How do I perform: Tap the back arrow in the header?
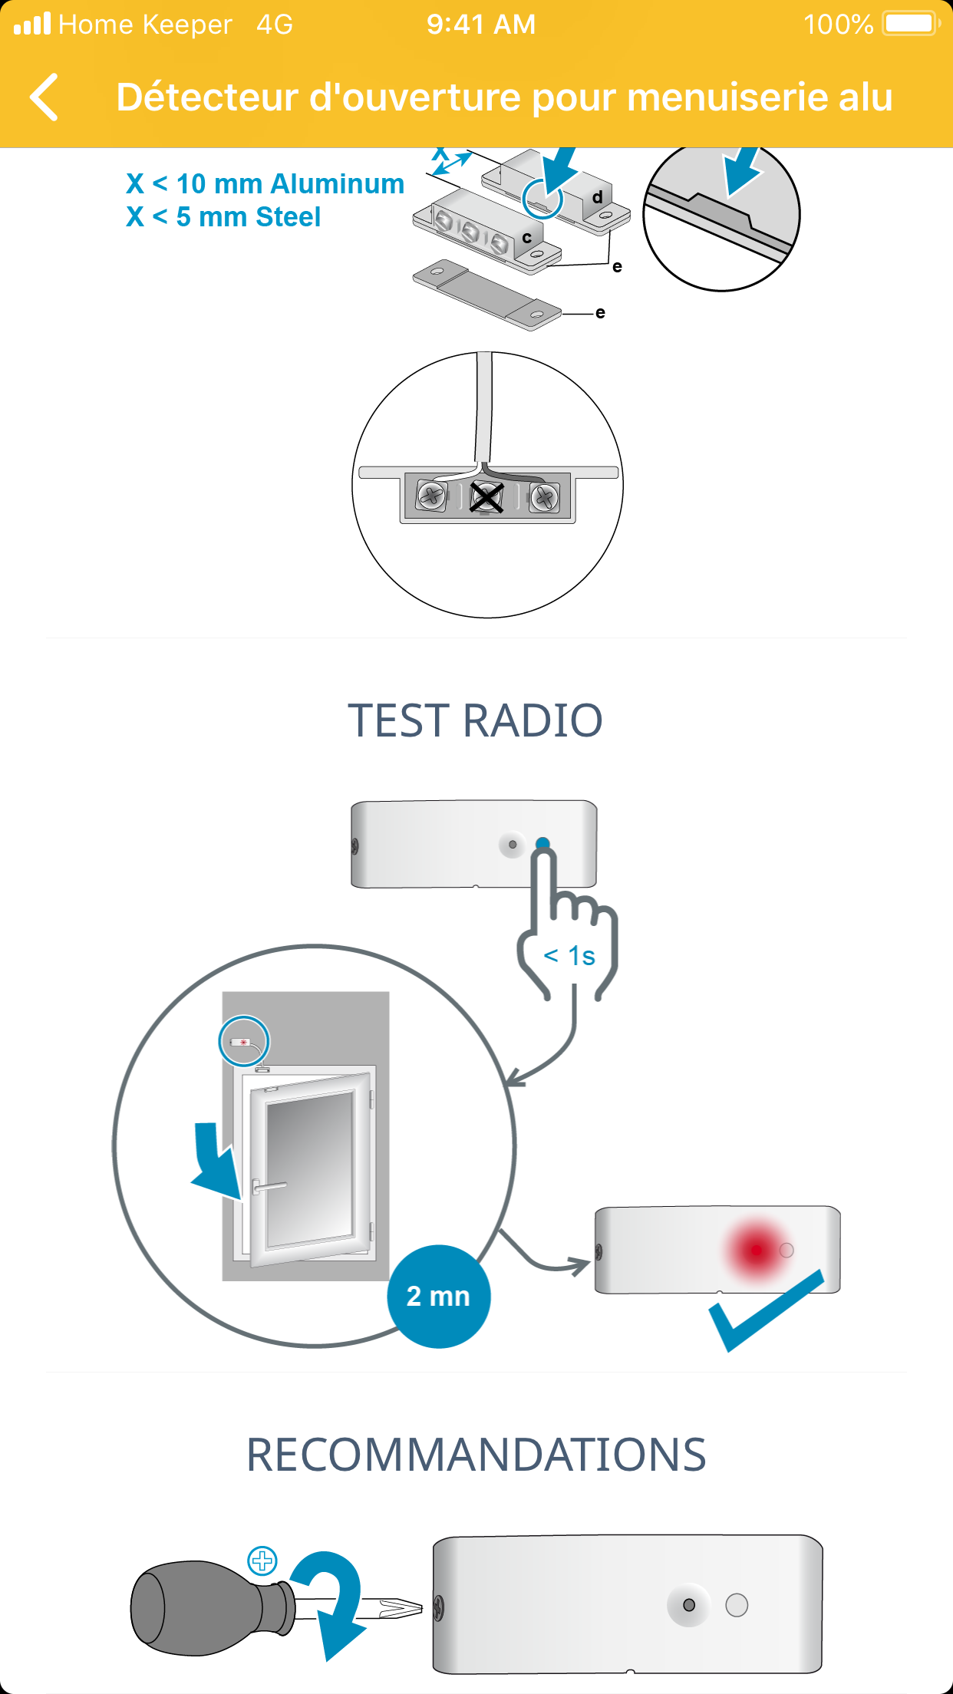tap(45, 97)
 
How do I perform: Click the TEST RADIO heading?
tap(476, 721)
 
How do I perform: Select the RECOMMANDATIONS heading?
tap(476, 1455)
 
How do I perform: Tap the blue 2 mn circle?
tap(438, 1297)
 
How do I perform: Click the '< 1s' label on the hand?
tap(569, 956)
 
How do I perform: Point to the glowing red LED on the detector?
tap(756, 1250)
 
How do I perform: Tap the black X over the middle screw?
tap(486, 497)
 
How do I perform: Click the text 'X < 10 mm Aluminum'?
tap(265, 184)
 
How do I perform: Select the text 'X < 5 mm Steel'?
tap(223, 217)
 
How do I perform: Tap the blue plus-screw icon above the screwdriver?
tap(262, 1561)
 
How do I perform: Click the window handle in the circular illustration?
tap(268, 1187)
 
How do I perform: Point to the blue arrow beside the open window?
tap(216, 1158)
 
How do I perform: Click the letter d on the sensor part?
tap(597, 197)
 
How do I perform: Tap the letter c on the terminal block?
tap(526, 238)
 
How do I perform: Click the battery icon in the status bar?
tap(911, 24)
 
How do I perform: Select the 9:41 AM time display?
tap(481, 25)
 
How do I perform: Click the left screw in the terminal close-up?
tap(432, 496)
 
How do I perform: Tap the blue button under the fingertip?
tap(542, 844)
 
